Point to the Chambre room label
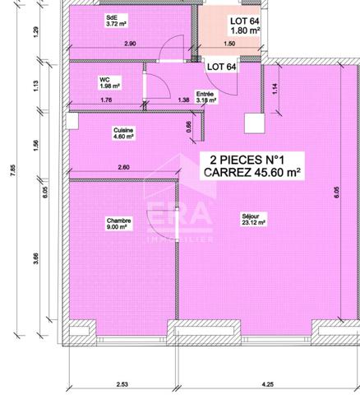coord(119,221)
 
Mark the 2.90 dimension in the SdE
coord(130,43)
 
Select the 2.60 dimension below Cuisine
coord(123,168)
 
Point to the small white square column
coord(252,122)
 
